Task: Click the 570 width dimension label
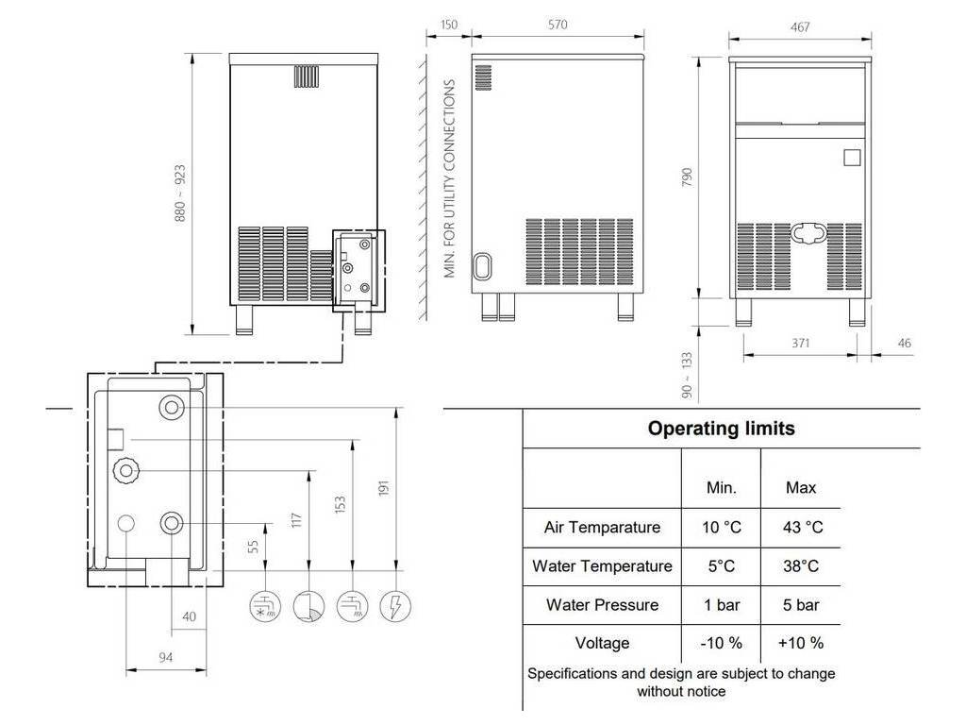(557, 25)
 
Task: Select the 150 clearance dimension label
(448, 25)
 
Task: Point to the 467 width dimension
(800, 27)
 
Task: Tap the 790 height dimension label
(688, 177)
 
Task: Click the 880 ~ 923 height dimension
(179, 193)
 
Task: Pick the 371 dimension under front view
(800, 343)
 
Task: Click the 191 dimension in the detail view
(384, 488)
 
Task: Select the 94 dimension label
(166, 657)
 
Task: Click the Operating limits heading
(721, 428)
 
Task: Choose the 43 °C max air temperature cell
(802, 527)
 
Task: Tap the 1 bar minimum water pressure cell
(722, 605)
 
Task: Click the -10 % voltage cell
(721, 643)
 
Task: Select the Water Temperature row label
(602, 566)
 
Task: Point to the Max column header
(801, 488)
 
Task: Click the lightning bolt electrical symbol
(395, 605)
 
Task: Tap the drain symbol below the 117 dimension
(308, 605)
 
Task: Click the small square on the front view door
(852, 158)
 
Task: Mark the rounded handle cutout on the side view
(482, 266)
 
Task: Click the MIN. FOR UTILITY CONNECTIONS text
(449, 178)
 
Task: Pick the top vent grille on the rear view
(307, 76)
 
